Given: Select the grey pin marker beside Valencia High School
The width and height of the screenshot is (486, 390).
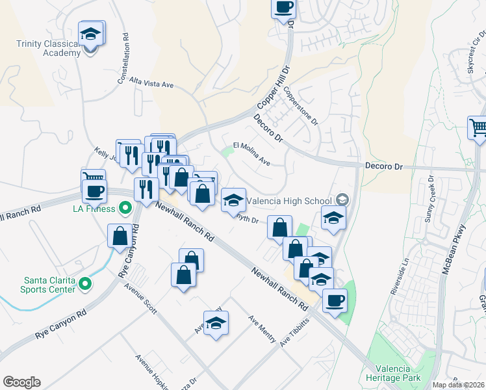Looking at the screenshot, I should click(x=342, y=201).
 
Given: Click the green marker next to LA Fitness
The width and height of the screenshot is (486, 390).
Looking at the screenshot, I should click(x=126, y=209).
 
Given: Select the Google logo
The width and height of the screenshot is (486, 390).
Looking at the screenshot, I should click(x=21, y=382).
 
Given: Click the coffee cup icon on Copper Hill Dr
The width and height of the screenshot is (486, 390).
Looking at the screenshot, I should click(x=284, y=8).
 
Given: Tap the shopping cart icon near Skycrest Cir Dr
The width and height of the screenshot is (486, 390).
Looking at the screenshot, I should click(x=478, y=127).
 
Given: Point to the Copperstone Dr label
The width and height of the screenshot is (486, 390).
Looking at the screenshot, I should click(x=300, y=107).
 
